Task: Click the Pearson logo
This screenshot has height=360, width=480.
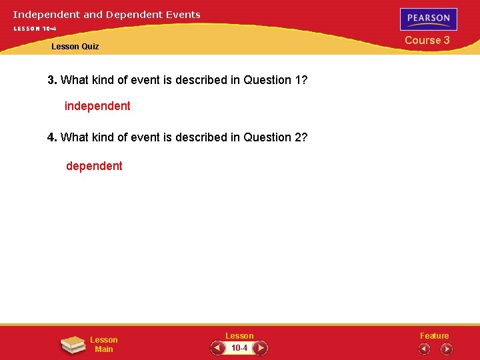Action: pos(429,19)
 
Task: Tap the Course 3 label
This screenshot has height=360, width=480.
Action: pos(427,40)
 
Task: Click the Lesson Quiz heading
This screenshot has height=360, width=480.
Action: pos(75,47)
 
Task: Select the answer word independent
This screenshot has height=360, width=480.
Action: pos(97,106)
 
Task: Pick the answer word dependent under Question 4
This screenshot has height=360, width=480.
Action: pos(94,166)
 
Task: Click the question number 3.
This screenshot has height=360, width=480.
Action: pos(51,80)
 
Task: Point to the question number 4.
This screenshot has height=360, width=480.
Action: pos(51,137)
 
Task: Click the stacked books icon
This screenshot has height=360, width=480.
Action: pos(73,345)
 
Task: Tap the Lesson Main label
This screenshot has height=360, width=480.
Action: pos(104,345)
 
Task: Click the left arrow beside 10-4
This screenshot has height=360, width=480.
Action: pos(218,348)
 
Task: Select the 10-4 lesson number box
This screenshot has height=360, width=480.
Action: pos(239,348)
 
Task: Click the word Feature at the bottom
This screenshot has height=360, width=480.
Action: pos(434,336)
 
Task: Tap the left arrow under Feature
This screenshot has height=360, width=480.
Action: pos(424,349)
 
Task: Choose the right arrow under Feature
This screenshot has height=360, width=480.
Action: pos(446,349)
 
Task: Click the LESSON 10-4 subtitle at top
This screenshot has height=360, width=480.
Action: pos(35,29)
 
